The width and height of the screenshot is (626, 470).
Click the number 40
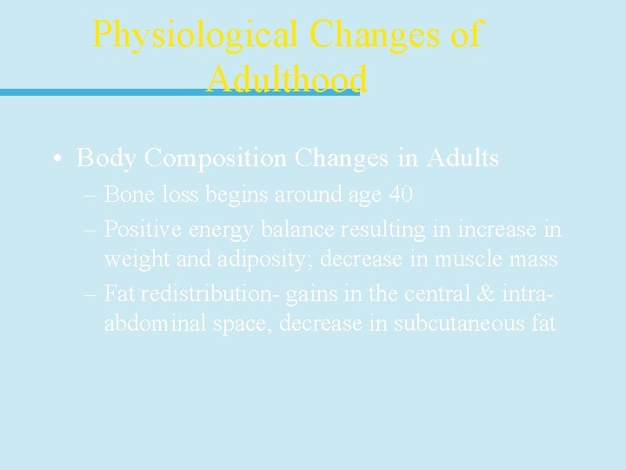[400, 194]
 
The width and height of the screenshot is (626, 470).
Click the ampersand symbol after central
[483, 294]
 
